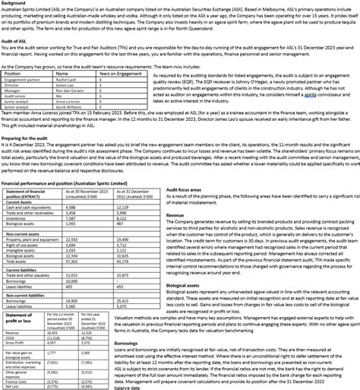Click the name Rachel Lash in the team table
(x=68, y=80)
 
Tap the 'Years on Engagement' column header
(x=120, y=74)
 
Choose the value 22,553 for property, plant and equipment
(x=74, y=239)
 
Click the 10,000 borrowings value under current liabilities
(x=74, y=281)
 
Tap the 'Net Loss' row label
(x=13, y=386)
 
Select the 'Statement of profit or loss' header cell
(x=19, y=318)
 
